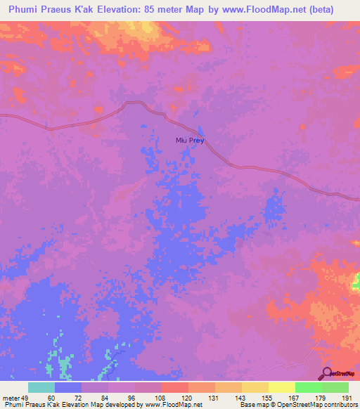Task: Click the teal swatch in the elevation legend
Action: coord(41,387)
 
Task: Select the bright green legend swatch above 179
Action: coord(308,387)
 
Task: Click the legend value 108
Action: coord(161,397)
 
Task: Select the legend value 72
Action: coord(81,397)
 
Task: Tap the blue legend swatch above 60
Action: coord(68,387)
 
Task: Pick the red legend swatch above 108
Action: coord(174,387)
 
